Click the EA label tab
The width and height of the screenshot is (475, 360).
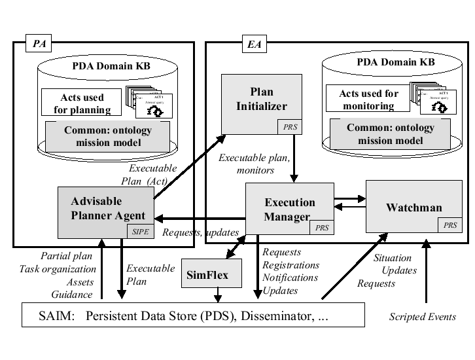pyautogui.click(x=253, y=44)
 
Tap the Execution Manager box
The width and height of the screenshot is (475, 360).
pyautogui.click(x=290, y=209)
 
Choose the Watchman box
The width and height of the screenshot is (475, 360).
pyautogui.click(x=413, y=207)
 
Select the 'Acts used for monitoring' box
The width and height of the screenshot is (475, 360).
pyautogui.click(x=368, y=99)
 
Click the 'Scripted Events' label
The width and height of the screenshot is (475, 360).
pyautogui.click(x=422, y=317)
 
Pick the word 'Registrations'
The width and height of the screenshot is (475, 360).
pyautogui.click(x=290, y=265)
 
